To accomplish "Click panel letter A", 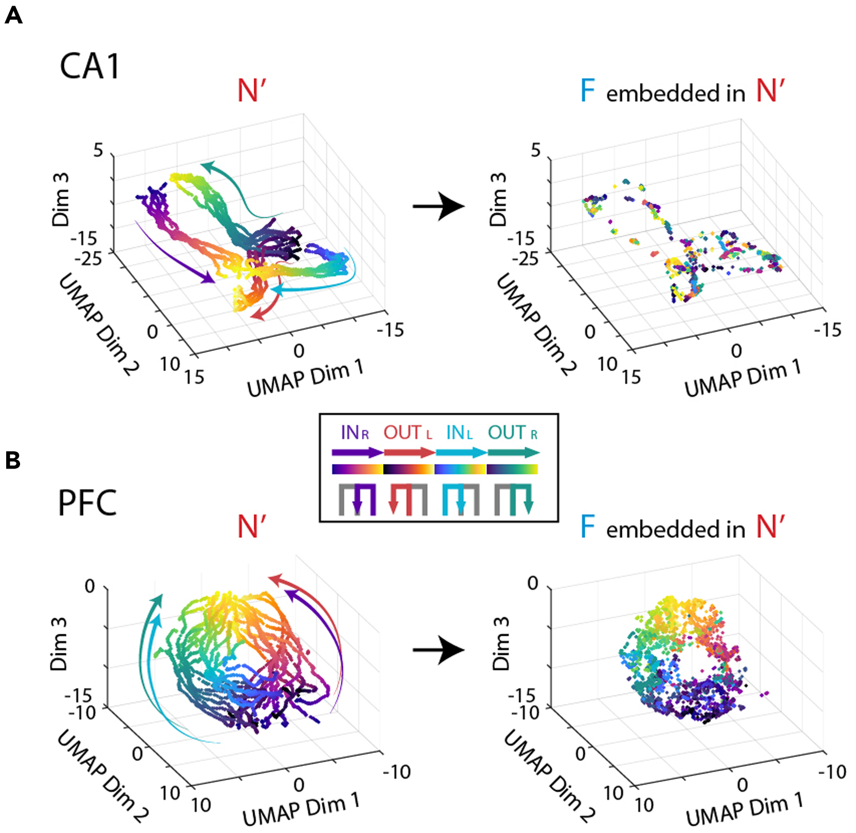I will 13,15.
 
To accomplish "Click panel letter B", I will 12,460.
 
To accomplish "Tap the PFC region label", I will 87,503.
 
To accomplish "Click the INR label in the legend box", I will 355,432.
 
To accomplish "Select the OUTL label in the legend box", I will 407,432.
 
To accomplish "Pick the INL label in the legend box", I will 459,432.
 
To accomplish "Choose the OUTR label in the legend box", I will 513,432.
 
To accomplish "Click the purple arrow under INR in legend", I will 357,453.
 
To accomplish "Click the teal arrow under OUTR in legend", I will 514,453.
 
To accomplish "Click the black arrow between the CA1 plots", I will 439,206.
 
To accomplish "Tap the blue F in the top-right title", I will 587,91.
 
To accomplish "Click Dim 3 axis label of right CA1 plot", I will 498,200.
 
